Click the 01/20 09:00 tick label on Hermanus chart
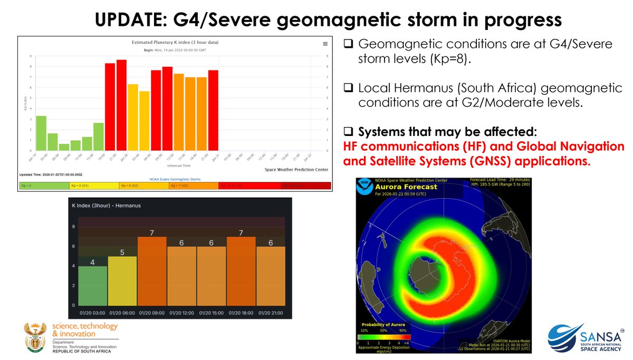152,313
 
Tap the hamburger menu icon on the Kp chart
325,44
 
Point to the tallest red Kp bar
121,105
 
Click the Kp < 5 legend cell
44,186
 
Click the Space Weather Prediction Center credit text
296,170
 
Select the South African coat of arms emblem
36,337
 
